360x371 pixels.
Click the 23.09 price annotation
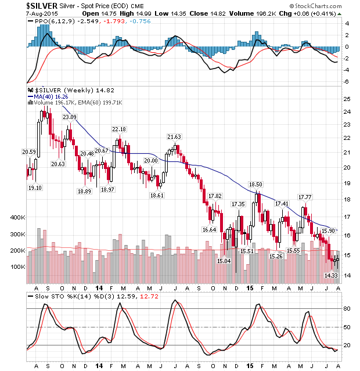[70, 117]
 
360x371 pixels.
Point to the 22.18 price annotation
[118, 129]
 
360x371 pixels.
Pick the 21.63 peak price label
[174, 137]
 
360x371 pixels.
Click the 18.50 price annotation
[256, 184]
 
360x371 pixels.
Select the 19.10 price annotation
[35, 188]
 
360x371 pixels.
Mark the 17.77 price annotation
[305, 197]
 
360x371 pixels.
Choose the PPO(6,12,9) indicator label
[49, 21]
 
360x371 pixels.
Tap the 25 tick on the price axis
[346, 99]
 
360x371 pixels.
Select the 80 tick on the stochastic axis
[346, 309]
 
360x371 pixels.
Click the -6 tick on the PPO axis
[346, 81]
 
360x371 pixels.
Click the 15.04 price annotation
[224, 261]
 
